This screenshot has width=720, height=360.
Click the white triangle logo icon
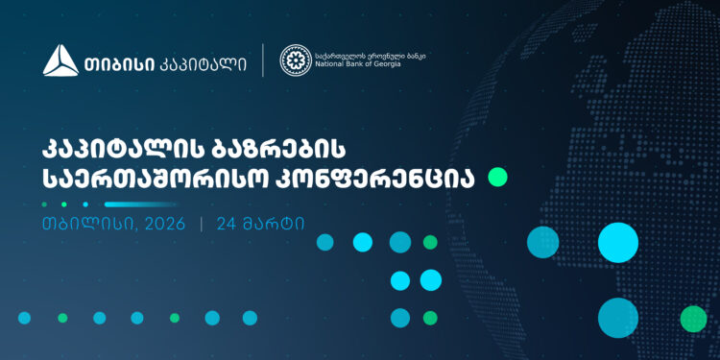click(x=60, y=61)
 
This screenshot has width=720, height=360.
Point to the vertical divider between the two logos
click(x=264, y=60)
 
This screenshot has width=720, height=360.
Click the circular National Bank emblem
click(x=295, y=60)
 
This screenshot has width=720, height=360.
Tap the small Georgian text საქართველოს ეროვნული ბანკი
click(x=370, y=55)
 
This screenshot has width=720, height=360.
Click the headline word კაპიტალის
click(x=121, y=150)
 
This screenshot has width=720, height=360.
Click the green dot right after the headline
click(x=497, y=177)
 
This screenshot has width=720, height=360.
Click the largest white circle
click(x=618, y=242)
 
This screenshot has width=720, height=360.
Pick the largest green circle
click(x=693, y=319)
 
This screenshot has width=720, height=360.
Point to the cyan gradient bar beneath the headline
click(x=141, y=204)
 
